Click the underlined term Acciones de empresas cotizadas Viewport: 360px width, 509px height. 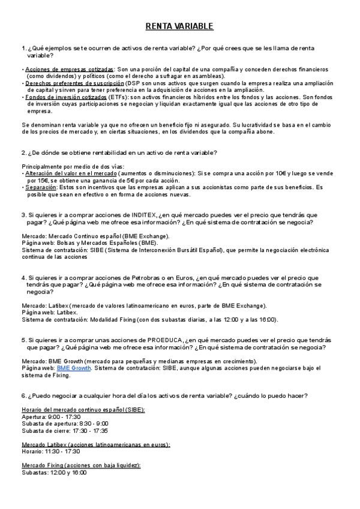pyautogui.click(x=70, y=69)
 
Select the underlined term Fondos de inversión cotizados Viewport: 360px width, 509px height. pyautogui.click(x=65, y=97)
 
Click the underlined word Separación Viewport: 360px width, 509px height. pyautogui.click(x=41, y=187)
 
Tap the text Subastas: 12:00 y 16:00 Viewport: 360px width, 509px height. pyautogui.click(x=54, y=473)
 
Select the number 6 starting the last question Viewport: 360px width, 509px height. pyautogui.click(x=23, y=396)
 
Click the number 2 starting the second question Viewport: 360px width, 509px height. pyautogui.click(x=23, y=152)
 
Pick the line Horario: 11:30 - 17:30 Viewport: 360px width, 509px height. pyautogui.click(x=50, y=451)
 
